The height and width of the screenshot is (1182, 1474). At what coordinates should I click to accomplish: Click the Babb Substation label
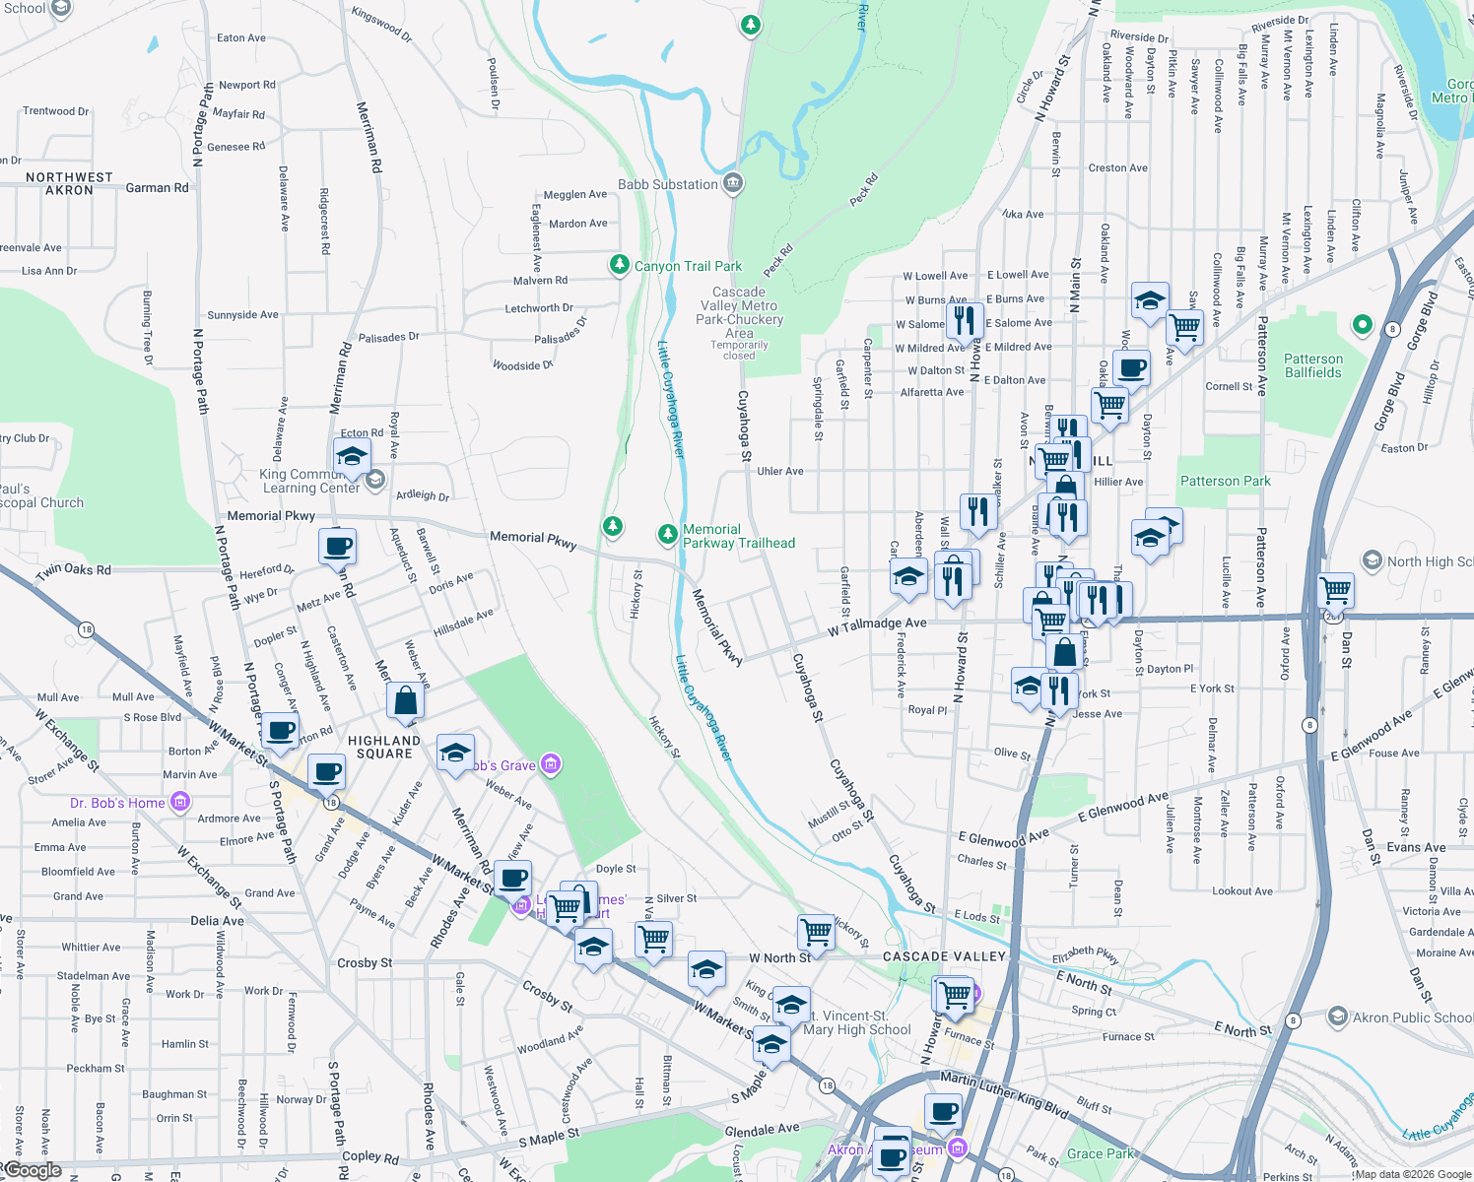pos(667,184)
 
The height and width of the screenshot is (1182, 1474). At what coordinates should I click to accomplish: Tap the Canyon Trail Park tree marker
pos(619,265)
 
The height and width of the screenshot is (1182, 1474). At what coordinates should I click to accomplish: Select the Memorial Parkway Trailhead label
pos(738,536)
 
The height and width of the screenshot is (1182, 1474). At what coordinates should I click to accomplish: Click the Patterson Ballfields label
pos(1312,365)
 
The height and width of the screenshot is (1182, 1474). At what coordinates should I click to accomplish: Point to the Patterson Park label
pos(1225,481)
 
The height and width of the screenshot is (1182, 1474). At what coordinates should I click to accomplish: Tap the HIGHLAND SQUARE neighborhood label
pos(384,747)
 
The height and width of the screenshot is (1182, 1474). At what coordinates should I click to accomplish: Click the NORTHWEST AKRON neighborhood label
pos(69,183)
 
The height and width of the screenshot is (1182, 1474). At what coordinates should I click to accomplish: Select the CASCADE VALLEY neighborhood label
pos(944,956)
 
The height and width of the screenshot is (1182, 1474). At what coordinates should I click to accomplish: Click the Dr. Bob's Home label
pos(117,803)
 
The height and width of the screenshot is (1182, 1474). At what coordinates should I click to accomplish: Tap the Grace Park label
pos(1101,1153)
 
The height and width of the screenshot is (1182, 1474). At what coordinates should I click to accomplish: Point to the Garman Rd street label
pos(157,187)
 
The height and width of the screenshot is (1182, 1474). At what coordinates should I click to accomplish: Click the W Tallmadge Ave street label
pos(877,624)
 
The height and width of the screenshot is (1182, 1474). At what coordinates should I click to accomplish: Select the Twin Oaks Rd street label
pos(74,569)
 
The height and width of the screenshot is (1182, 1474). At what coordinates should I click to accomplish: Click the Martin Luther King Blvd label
pos(1003,1093)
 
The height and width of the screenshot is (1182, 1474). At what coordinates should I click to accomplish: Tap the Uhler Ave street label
pos(779,471)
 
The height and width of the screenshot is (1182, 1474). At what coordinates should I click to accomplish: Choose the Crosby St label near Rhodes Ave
pos(365,962)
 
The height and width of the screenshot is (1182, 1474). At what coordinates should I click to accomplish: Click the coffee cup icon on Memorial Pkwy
pos(337,546)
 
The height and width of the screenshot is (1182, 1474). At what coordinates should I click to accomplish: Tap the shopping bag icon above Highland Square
pos(405,700)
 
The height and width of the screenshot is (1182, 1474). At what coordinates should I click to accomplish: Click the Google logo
pos(33,1170)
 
